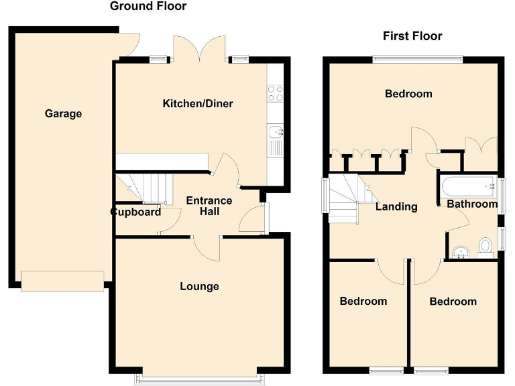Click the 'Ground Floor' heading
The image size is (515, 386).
point(148,7)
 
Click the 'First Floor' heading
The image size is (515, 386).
point(412,36)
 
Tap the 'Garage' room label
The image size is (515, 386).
point(63,114)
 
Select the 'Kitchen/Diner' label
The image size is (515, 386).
point(198,104)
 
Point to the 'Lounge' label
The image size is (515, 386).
point(199,287)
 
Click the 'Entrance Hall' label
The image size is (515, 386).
point(209,206)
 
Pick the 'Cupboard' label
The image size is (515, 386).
point(136,212)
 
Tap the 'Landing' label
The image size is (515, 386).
point(396,207)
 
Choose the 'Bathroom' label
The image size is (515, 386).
point(472,204)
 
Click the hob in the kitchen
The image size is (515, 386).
point(275,94)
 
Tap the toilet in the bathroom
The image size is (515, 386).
point(485,248)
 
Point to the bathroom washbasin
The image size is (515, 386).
point(460,251)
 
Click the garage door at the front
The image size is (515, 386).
point(62,281)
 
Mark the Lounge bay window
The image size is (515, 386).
point(200,379)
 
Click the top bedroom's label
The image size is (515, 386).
point(408,94)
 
